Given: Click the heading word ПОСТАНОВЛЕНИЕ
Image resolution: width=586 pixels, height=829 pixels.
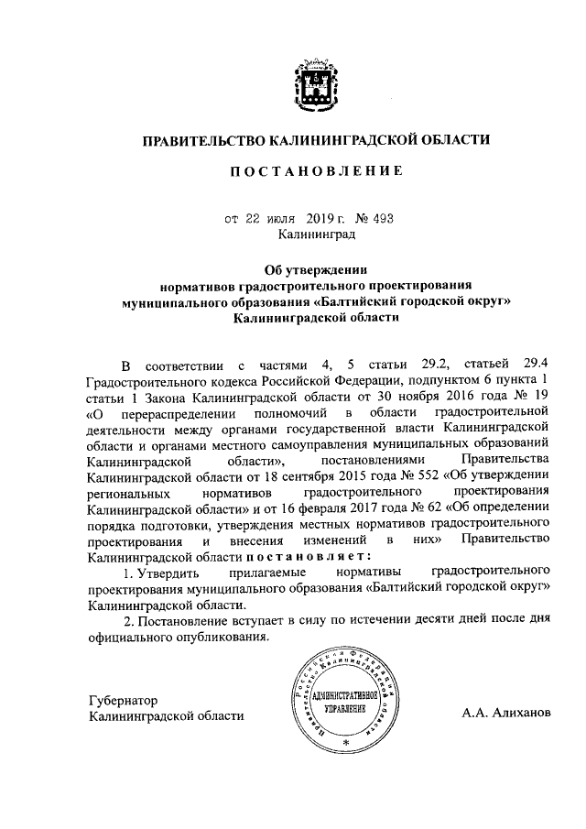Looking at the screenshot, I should click(315, 172).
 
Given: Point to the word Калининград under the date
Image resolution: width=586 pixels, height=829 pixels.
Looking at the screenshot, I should click(315, 235).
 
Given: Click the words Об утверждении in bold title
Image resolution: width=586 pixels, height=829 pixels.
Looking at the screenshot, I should click(315, 269).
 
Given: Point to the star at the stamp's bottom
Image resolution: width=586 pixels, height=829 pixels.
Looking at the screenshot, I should click(346, 738).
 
